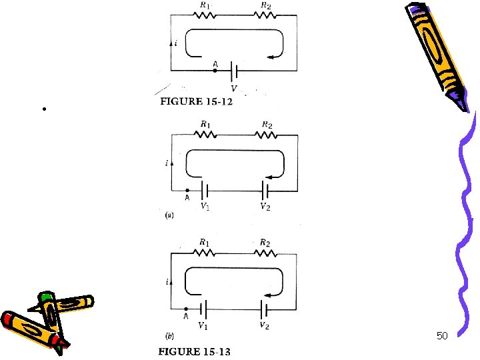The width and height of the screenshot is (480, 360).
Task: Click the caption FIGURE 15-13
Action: [x=195, y=351]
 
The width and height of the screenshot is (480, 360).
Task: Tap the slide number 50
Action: [x=442, y=335]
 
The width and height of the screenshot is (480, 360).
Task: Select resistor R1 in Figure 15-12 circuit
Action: [x=204, y=18]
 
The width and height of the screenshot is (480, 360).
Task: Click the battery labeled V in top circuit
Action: [x=234, y=69]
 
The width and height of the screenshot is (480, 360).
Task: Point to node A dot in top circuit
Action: [x=215, y=69]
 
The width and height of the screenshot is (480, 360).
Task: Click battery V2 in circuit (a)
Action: [x=265, y=189]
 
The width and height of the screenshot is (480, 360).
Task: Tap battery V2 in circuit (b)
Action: [x=265, y=309]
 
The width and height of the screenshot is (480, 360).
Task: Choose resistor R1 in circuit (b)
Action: [x=204, y=253]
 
